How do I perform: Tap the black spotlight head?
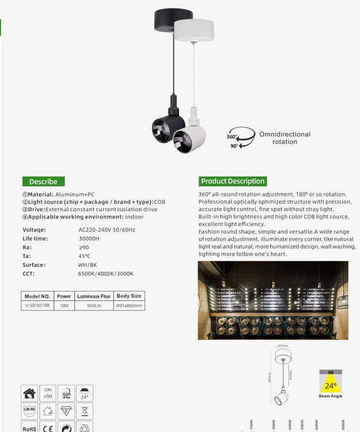click(165, 127)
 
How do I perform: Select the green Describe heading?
click(43, 181)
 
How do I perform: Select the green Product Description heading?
click(233, 181)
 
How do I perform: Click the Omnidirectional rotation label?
click(285, 138)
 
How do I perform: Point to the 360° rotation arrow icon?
click(241, 138)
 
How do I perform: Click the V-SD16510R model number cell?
click(38, 305)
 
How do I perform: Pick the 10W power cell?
click(64, 305)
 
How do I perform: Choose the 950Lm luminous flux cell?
click(93, 305)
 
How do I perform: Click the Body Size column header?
click(128, 296)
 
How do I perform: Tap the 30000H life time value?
click(89, 238)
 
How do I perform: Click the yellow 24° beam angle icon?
click(331, 381)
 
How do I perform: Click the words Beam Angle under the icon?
click(331, 396)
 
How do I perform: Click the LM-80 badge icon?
click(29, 411)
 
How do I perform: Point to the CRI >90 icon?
click(48, 393)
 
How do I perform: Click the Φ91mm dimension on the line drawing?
click(282, 346)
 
